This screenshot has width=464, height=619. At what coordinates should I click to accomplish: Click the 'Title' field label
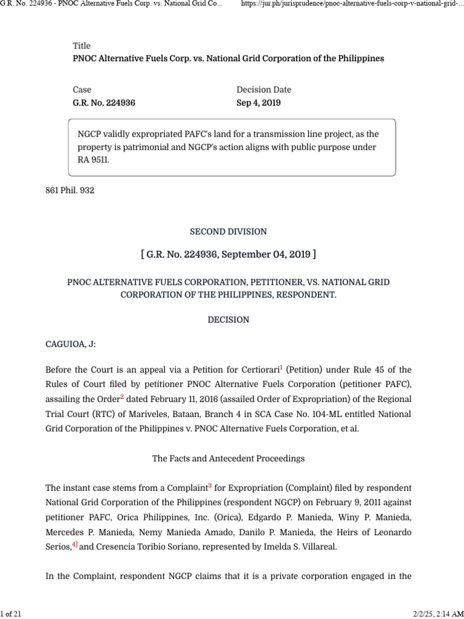pos(82,46)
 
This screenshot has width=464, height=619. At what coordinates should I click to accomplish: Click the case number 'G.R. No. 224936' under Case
pos(104,103)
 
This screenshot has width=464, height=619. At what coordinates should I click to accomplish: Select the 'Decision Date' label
pos(263,89)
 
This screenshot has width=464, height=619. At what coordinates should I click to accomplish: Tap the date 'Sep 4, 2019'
pos(259,103)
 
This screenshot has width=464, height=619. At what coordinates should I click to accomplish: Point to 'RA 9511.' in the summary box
pos(95,161)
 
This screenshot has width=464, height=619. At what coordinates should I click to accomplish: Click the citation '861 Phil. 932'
pos(70,190)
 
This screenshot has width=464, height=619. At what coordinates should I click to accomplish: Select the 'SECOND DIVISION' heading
pos(228,232)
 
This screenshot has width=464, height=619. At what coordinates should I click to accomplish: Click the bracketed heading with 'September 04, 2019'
pos(228,254)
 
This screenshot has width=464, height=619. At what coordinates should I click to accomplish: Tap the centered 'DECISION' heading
pos(228,320)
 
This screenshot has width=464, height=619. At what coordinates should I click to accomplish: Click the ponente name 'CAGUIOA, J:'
pos(71,344)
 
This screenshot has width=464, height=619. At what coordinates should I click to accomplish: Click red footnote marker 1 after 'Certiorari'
pos(281,367)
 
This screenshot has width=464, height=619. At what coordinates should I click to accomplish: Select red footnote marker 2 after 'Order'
pos(122,397)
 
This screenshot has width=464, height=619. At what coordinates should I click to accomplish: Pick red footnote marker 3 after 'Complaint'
pos(210,485)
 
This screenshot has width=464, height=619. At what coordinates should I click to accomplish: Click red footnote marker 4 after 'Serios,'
pos(75,544)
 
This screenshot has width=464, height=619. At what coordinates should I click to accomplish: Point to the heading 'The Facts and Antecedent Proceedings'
pos(228,459)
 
